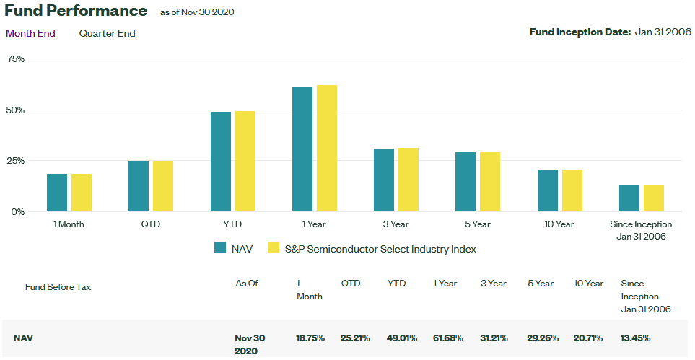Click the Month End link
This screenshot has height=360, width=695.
click(x=30, y=33)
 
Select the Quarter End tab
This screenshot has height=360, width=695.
click(x=107, y=33)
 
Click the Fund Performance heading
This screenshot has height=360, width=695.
click(x=76, y=11)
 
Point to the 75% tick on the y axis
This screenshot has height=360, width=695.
click(x=15, y=59)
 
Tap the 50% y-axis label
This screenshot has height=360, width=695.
click(x=15, y=110)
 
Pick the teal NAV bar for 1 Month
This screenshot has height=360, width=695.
click(x=57, y=193)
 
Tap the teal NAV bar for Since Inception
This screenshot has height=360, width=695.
click(x=629, y=198)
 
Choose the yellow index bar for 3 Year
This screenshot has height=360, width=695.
click(x=408, y=180)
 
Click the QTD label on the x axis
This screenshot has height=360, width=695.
click(x=151, y=224)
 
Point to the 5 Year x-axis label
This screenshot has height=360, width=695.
click(x=478, y=224)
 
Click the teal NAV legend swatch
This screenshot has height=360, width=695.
click(x=221, y=248)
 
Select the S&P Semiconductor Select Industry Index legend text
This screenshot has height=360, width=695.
click(x=380, y=249)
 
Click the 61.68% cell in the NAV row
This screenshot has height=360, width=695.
click(x=448, y=338)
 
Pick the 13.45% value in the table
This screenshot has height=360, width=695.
click(x=635, y=338)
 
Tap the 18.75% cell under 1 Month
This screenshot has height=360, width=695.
click(x=310, y=338)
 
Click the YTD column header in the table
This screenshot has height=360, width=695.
click(x=396, y=284)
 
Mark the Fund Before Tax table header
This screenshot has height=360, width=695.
click(x=58, y=287)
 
